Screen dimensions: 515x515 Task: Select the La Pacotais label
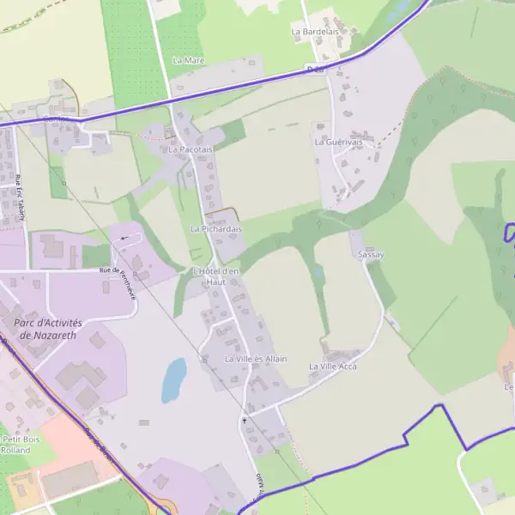[x=190, y=149]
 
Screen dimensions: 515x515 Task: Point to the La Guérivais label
[x=338, y=142]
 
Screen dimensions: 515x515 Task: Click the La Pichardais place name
[x=216, y=229]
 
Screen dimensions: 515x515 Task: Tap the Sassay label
[x=371, y=255]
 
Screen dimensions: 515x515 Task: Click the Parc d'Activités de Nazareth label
[x=45, y=329]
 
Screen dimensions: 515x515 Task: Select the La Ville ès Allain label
[x=256, y=359]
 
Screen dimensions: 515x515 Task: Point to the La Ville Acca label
[x=332, y=367]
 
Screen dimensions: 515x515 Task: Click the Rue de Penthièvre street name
[x=118, y=273]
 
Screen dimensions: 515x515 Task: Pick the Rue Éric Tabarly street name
[x=19, y=197]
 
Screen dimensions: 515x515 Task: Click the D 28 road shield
[x=314, y=67]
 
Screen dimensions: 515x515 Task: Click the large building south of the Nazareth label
[x=82, y=377]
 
